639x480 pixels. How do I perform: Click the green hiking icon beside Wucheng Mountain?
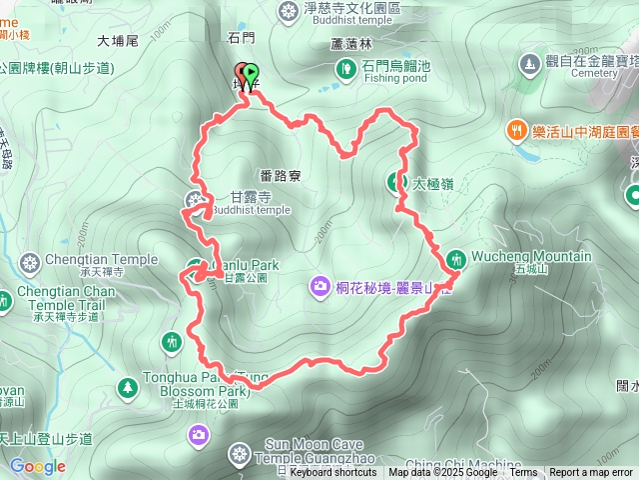456,257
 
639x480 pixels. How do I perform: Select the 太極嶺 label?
432,184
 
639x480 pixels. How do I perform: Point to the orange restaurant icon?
515,129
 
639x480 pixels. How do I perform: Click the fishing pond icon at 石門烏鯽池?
345,69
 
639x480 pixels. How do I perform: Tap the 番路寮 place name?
280,176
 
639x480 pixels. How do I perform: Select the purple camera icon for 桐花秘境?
319,288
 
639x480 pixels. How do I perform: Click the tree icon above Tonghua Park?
127,386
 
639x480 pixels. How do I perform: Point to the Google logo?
37,467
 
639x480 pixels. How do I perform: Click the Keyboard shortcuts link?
333,473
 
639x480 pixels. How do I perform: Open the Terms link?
523,473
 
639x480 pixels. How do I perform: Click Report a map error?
591,473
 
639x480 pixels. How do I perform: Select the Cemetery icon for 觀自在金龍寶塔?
528,65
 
